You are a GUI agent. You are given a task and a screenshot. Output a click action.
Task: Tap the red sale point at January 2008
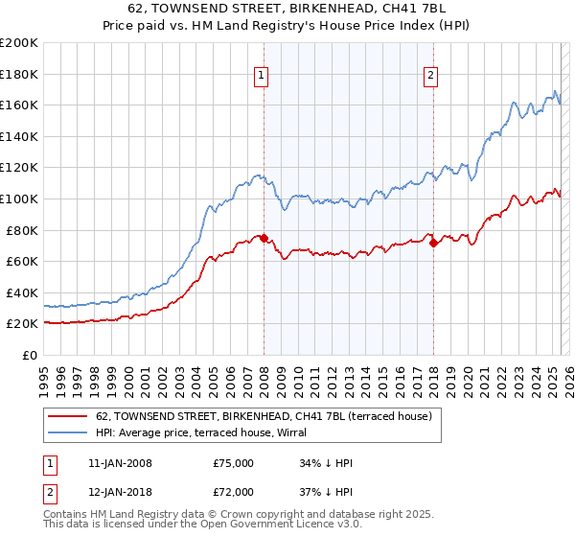click(264, 238)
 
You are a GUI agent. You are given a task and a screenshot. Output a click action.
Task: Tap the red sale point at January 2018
click(433, 243)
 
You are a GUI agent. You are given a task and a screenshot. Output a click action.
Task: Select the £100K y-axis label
click(19, 198)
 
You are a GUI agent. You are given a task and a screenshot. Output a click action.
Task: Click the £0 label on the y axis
click(29, 355)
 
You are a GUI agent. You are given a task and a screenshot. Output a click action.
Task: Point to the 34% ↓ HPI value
click(326, 463)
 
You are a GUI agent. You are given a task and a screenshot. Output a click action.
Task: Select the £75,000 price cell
click(234, 463)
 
